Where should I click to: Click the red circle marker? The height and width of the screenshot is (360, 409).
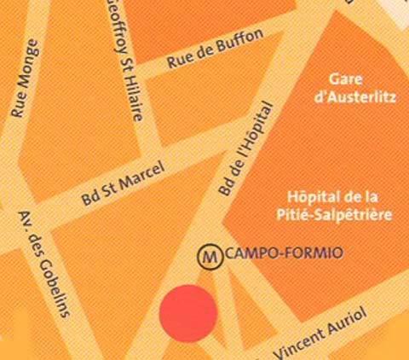point(187,313)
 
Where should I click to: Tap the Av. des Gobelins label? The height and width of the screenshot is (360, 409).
point(42,264)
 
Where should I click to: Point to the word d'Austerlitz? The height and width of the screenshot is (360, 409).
point(355,97)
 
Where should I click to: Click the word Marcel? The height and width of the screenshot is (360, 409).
point(133,181)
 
